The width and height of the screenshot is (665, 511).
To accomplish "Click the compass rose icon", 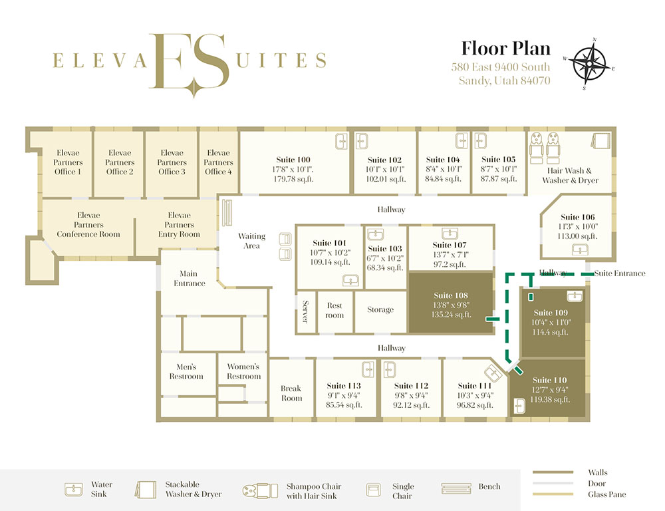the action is click(589, 64).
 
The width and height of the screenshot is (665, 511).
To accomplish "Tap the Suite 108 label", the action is click(451, 295).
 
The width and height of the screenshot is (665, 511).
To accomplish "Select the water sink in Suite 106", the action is click(580, 250).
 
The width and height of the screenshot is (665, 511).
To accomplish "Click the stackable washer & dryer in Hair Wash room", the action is click(600, 140).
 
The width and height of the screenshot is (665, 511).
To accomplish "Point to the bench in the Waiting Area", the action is click(227, 213).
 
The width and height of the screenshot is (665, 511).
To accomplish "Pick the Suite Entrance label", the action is click(620, 273).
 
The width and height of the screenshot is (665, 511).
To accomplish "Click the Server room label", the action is click(305, 311).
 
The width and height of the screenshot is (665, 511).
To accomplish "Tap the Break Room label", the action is click(291, 393).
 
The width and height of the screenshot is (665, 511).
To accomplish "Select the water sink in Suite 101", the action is click(350, 281).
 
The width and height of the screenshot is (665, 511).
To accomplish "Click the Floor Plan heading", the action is click(505, 49).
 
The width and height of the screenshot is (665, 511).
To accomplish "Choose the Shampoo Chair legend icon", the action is click(261, 490).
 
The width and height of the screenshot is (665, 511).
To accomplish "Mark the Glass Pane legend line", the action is click(553, 494).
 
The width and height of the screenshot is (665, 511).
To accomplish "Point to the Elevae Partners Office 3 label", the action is click(172, 162).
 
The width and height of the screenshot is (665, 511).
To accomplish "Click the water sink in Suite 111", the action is click(493, 373).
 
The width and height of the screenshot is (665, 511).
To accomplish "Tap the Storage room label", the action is click(380, 310).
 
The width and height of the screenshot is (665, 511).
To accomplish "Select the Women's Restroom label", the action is click(243, 371).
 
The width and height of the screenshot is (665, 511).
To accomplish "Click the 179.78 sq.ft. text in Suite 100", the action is click(293, 179).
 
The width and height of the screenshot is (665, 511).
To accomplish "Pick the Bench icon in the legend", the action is click(456, 488).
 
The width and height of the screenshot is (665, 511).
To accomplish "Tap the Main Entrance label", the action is click(189, 278).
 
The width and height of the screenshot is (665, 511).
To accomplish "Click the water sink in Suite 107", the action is click(450, 234).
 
